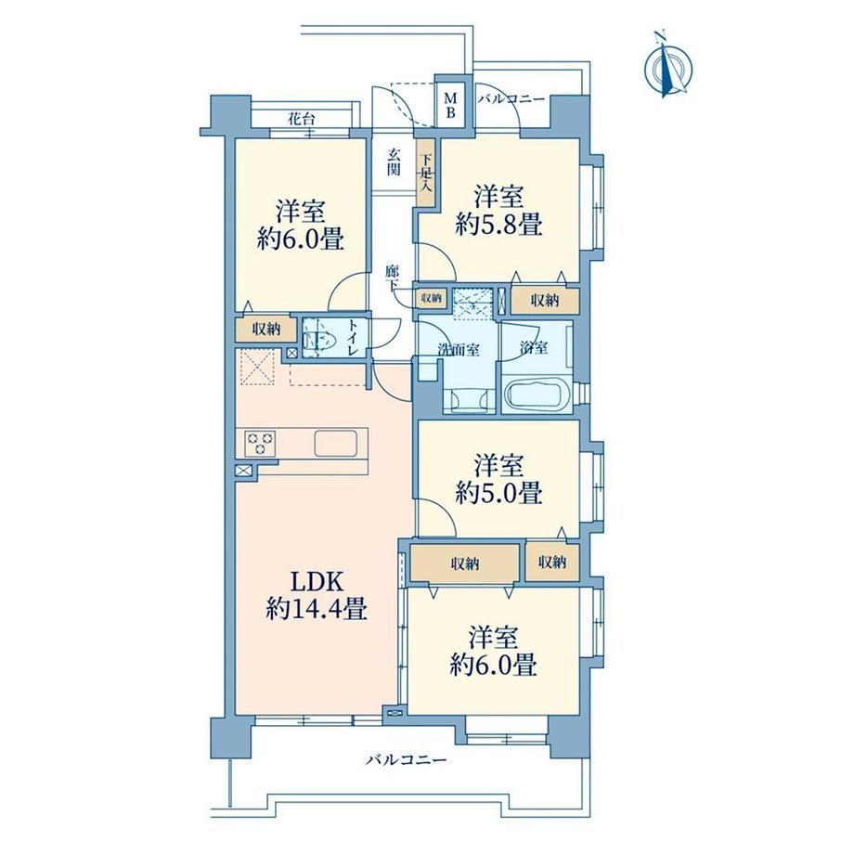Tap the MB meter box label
point(451,106)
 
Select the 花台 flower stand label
point(301,119)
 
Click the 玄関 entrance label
point(394,162)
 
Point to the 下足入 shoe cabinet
point(425,173)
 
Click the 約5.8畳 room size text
point(498,225)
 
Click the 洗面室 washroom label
point(459,350)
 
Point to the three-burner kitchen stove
point(260,442)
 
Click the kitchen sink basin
point(335,444)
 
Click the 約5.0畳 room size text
point(498,494)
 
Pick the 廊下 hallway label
point(392,278)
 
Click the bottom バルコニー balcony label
point(407,759)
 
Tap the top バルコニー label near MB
point(511,98)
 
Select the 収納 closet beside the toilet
point(265,329)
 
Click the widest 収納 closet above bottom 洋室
point(464,563)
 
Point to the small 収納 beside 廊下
point(432,298)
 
